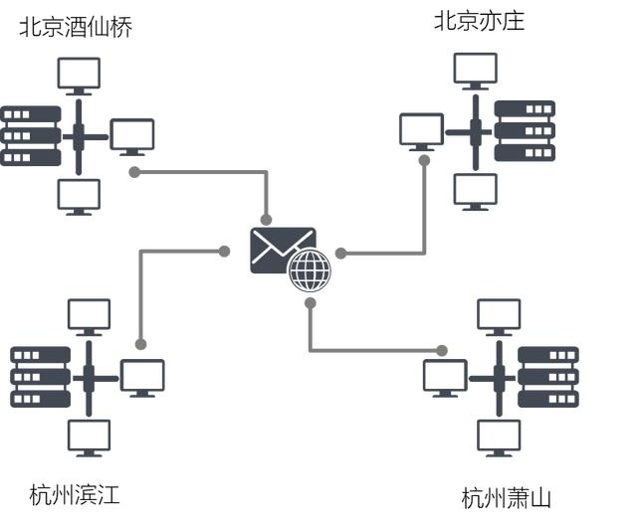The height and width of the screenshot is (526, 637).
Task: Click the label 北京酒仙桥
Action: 76,27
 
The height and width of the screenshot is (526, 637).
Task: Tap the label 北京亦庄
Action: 479,21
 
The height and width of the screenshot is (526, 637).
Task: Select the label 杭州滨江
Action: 75,494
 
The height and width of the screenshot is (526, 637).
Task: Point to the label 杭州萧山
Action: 506,498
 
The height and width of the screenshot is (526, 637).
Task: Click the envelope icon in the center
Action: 280,249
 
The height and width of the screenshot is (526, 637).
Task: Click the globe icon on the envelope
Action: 310,269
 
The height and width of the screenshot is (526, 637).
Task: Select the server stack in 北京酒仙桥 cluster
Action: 30,135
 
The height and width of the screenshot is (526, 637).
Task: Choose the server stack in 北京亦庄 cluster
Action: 525,130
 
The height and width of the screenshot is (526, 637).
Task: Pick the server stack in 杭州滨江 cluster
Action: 40,377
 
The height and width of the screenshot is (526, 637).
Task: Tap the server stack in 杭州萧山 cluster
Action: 547,377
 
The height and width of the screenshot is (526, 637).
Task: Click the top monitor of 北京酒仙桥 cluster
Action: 79,76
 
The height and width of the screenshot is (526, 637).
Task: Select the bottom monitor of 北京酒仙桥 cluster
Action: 79,196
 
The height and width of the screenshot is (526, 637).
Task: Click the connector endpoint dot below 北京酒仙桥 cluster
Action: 134,172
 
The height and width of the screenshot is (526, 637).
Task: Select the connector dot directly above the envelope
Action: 266,220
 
